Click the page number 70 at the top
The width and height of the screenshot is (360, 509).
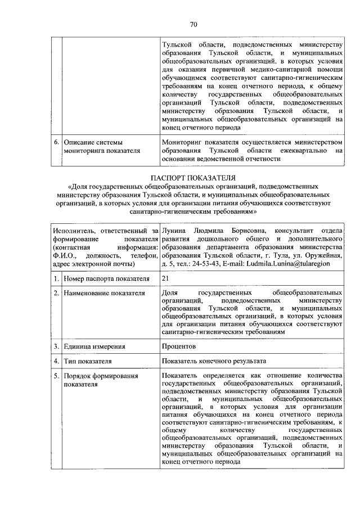193,24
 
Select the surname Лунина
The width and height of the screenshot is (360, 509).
173,231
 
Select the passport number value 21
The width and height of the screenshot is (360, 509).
165,278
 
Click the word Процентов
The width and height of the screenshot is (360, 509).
179,346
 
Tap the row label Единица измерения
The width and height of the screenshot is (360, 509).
94,346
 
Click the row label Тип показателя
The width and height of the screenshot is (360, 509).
88,361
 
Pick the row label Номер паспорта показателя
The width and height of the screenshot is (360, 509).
106,278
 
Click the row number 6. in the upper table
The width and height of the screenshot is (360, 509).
57,143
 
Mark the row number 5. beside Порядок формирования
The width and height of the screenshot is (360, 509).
57,376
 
